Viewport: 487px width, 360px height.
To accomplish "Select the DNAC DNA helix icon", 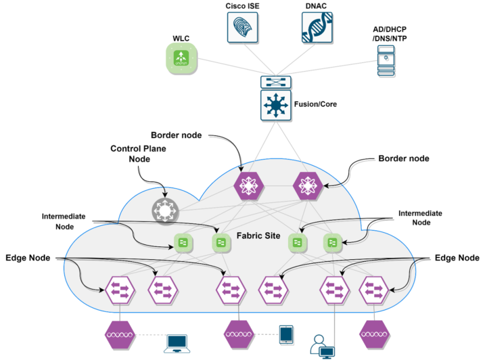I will click(x=318, y=28).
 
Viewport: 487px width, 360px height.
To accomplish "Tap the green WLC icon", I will click(x=181, y=58).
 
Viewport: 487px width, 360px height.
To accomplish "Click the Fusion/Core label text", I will click(x=316, y=105).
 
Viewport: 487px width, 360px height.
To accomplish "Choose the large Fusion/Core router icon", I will click(x=275, y=106).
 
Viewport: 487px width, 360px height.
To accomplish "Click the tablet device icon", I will click(x=286, y=334).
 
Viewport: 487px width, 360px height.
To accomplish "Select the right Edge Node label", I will click(x=458, y=258).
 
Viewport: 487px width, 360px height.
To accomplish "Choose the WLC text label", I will click(x=181, y=37).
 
